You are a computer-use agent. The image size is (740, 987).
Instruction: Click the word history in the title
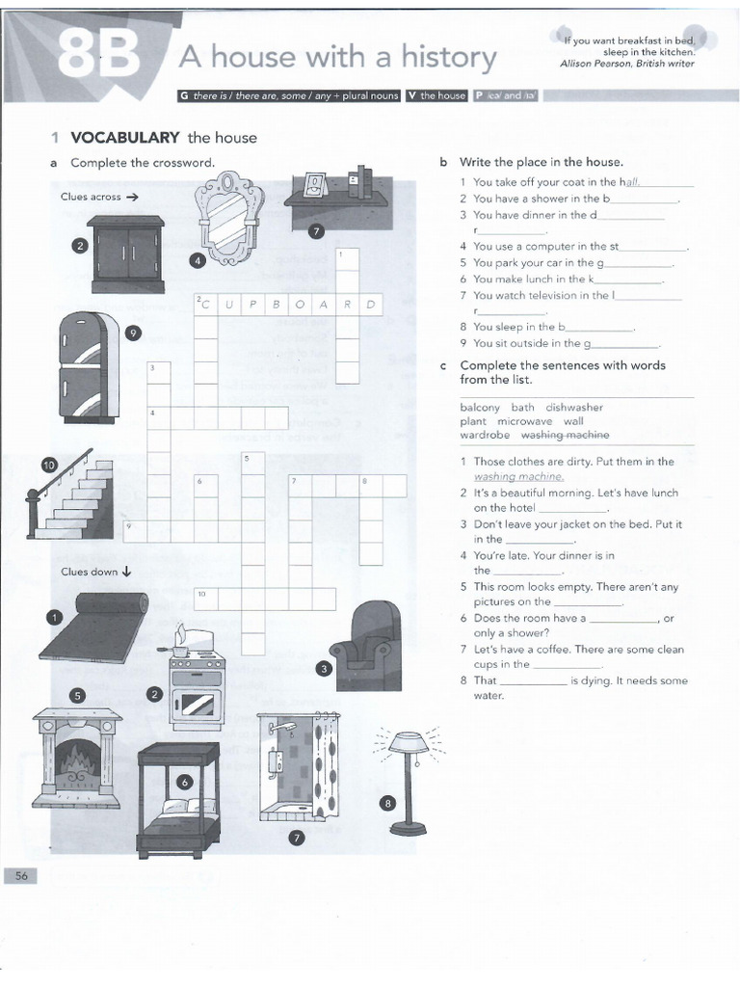(x=445, y=58)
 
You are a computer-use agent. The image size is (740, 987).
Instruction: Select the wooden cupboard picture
(x=125, y=253)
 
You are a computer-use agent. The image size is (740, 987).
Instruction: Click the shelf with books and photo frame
(x=336, y=198)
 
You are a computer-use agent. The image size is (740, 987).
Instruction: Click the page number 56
(x=20, y=874)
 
